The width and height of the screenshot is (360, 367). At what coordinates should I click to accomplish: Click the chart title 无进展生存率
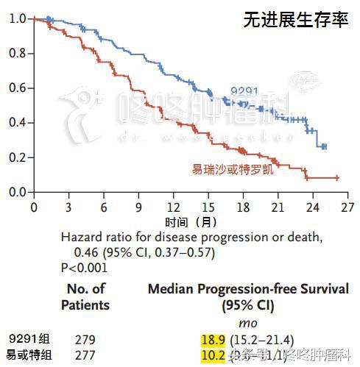tap(295, 20)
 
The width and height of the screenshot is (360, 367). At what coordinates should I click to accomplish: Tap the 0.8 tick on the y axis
tap(15, 53)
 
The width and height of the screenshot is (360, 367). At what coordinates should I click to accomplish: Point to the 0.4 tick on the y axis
tap(15, 123)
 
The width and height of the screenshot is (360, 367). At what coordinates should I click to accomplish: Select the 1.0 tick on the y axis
tap(15, 18)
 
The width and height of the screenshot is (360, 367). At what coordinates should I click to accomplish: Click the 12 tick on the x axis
tap(174, 207)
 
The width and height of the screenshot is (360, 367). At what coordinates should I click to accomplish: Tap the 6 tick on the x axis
tap(104, 207)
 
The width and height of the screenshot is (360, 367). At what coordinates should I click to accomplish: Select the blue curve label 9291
tap(244, 92)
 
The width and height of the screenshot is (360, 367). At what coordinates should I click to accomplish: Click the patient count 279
tap(85, 340)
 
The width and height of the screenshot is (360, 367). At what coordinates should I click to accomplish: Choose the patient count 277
tap(85, 357)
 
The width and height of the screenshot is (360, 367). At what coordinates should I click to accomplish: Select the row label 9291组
tap(29, 339)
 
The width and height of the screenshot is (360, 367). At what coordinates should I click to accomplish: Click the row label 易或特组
tap(29, 356)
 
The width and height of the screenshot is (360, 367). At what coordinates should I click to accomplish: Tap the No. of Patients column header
tap(85, 297)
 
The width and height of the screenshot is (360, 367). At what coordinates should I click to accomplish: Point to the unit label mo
tap(248, 323)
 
